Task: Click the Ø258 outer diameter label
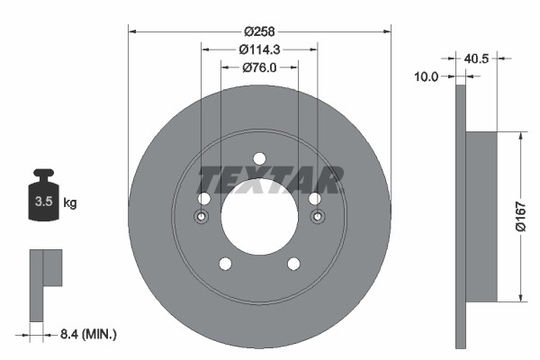pyautogui.click(x=260, y=18)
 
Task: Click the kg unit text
pyautogui.click(x=70, y=203)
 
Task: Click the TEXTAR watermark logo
pyautogui.click(x=270, y=180)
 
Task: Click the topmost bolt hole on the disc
pyautogui.click(x=259, y=158)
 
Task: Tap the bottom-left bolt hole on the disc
pyautogui.click(x=225, y=264)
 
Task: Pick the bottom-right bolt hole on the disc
pyautogui.click(x=293, y=264)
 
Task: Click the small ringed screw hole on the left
pyautogui.click(x=202, y=217)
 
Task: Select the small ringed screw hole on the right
pyautogui.click(x=317, y=217)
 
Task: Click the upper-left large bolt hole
pyautogui.click(x=204, y=199)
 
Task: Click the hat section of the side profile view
pyautogui.click(x=482, y=216)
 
